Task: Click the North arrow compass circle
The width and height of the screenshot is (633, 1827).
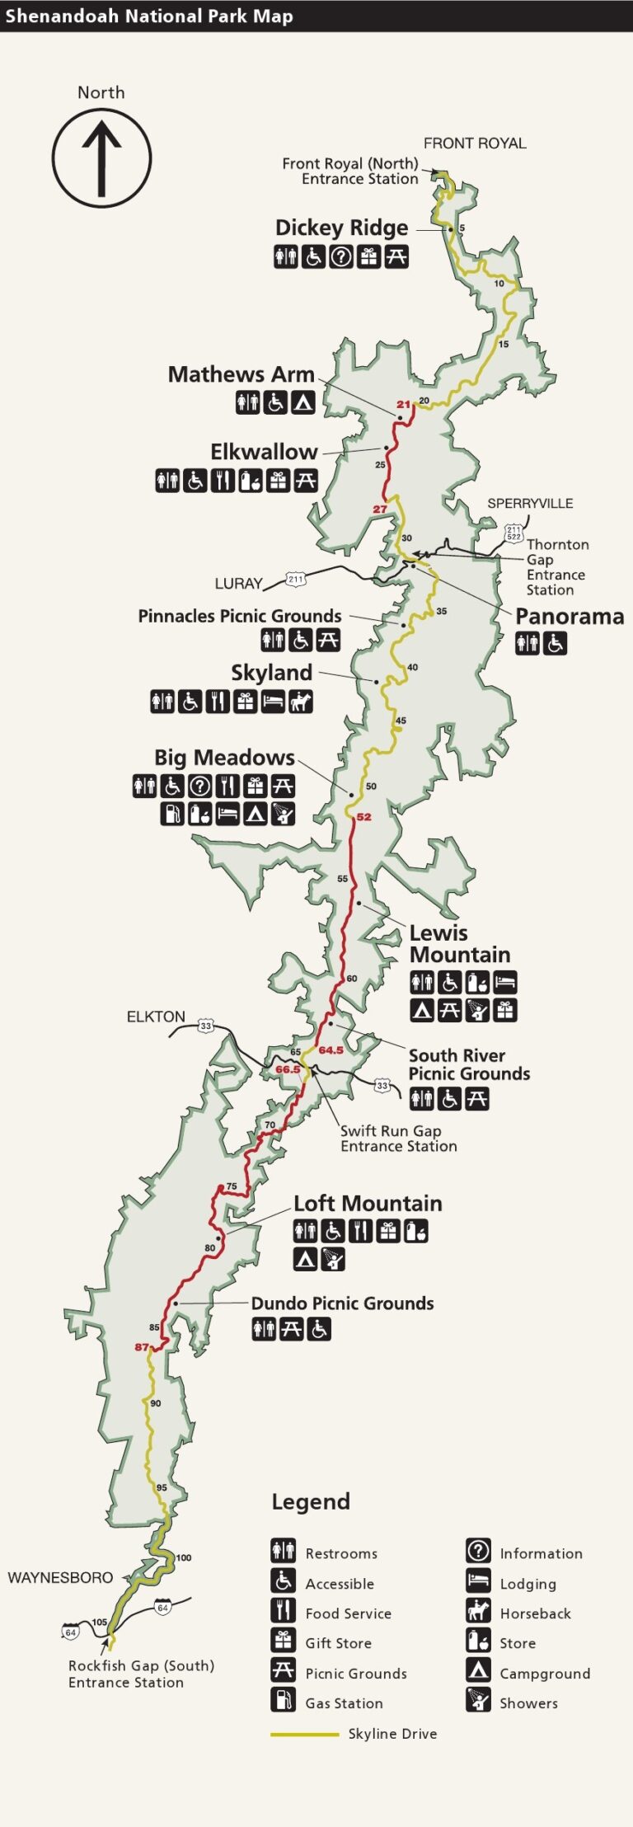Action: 101,158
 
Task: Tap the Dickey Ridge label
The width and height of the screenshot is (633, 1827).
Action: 341,228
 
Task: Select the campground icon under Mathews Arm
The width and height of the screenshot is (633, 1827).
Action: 303,402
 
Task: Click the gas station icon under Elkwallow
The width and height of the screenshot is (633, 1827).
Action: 250,480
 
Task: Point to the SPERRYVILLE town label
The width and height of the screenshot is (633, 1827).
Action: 529,503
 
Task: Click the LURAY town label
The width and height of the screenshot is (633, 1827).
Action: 238,584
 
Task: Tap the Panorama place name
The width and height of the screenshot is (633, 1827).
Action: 569,617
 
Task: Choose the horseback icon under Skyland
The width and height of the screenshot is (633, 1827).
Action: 301,702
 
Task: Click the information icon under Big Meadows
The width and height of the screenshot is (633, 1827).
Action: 199,787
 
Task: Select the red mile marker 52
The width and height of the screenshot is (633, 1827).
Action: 363,817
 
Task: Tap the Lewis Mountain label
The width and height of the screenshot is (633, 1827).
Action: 459,944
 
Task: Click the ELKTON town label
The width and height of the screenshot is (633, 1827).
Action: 156,1017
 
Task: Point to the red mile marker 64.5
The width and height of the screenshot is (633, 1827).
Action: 331,1050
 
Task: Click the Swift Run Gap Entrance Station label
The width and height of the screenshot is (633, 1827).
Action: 398,1139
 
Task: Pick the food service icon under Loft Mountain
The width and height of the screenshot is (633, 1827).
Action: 360,1231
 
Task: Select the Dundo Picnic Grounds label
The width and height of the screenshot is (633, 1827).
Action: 342,1303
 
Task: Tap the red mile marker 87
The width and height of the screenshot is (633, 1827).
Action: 142,1347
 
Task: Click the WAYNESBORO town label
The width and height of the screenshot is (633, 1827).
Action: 60,1577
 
